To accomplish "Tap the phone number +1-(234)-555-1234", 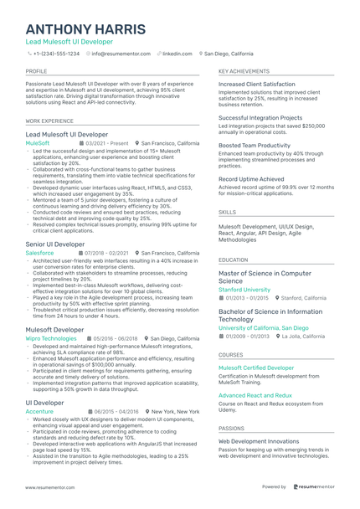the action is click(56, 53).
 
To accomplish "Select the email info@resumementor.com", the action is click(121, 53).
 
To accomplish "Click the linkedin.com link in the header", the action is click(177, 53).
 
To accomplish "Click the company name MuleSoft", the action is click(38, 143).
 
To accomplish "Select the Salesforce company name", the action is click(40, 252).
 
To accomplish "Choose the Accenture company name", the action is click(39, 412).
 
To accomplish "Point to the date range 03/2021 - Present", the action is click(107, 143).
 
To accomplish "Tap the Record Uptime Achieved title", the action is click(251, 178).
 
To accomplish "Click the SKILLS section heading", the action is click(228, 213).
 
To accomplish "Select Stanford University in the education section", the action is click(244, 289).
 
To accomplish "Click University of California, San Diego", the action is click(263, 328).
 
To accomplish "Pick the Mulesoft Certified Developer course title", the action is click(256, 368).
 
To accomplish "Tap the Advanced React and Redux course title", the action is click(255, 394).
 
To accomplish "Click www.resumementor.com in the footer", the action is click(51, 486).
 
